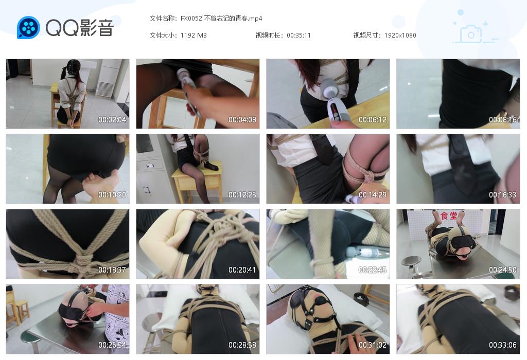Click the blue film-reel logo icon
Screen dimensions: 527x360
29,27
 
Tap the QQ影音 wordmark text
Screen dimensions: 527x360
80,28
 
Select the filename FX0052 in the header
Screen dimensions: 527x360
191,19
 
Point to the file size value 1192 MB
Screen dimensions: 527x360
194,35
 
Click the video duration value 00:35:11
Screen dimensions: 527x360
299,35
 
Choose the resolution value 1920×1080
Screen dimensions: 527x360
400,35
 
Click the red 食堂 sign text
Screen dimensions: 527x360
449,215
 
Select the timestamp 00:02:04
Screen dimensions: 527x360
112,119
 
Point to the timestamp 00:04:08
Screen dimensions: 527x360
242,119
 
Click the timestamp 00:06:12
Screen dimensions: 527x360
373,119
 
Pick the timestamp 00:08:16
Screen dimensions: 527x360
503,119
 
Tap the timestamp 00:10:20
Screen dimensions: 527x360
112,195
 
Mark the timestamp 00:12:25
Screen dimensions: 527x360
242,195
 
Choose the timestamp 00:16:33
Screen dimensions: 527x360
503,195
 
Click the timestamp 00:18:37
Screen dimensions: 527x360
112,269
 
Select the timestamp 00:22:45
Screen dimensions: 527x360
373,269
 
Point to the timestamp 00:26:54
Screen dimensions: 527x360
112,345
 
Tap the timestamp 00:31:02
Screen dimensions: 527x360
373,345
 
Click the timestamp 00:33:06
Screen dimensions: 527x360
503,345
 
